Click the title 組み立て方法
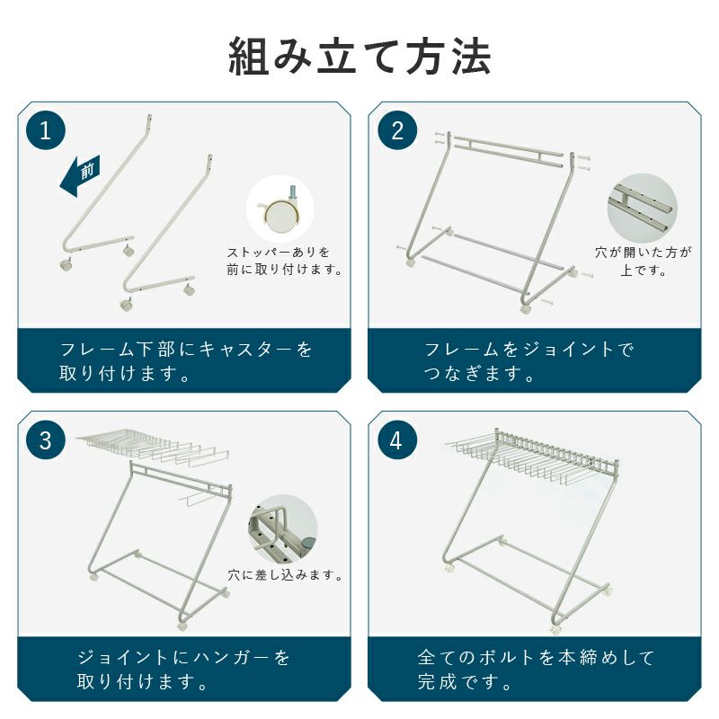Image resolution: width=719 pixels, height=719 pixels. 360,57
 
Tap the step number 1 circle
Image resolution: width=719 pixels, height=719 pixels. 46,130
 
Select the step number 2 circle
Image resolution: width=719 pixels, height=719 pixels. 397,130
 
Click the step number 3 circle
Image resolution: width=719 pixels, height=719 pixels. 46,439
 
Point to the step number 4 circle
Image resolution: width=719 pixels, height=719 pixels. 397,439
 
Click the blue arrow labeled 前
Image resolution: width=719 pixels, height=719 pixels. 80,175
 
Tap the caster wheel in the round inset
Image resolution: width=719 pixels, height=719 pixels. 280,211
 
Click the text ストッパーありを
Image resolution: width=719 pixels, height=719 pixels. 279,252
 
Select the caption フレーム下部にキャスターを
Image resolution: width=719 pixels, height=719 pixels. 186,350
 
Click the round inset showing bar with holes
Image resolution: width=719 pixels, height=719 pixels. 642,208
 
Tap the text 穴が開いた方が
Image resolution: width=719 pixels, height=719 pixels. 643,252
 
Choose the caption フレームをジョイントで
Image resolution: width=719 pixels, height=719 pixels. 528,350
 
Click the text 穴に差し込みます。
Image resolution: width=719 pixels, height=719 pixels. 285,574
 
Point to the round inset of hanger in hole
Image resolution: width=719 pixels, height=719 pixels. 283,528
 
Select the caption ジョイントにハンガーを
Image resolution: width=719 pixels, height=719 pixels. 183,658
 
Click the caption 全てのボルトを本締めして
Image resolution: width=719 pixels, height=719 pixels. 536,658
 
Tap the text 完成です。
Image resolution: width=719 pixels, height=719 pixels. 465,682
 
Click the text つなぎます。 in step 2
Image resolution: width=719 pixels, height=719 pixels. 479,374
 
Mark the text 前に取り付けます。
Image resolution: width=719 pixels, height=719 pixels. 284,269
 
